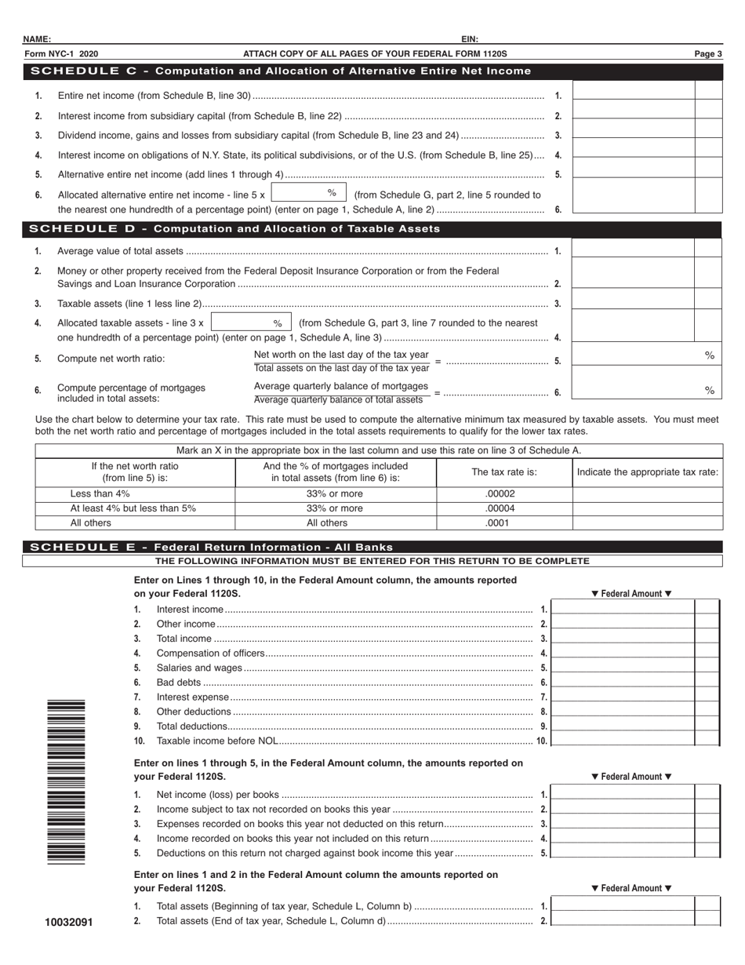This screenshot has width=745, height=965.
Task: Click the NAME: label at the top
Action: (37, 39)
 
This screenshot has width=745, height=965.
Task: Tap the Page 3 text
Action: (707, 54)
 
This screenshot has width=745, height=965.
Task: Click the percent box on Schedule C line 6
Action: (308, 193)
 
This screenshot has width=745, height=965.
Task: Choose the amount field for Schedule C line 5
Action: (634, 174)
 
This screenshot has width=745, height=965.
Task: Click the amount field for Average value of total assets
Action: (633, 250)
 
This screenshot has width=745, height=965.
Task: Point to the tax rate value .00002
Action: (503, 494)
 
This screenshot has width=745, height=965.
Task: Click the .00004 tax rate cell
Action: (503, 508)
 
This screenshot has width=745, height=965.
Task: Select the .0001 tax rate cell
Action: (503, 523)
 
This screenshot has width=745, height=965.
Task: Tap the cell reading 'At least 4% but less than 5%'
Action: (134, 508)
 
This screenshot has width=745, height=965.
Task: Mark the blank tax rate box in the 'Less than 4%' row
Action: (647, 494)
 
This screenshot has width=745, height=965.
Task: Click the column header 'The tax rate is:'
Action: (503, 472)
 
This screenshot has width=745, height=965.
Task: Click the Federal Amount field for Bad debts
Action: (623, 683)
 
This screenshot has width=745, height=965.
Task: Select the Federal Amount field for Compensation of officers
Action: (623, 653)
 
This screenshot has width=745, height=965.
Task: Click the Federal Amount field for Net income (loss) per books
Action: (623, 795)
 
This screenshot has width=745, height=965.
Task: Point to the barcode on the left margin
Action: (66, 781)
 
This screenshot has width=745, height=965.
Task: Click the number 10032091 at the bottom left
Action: (69, 922)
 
